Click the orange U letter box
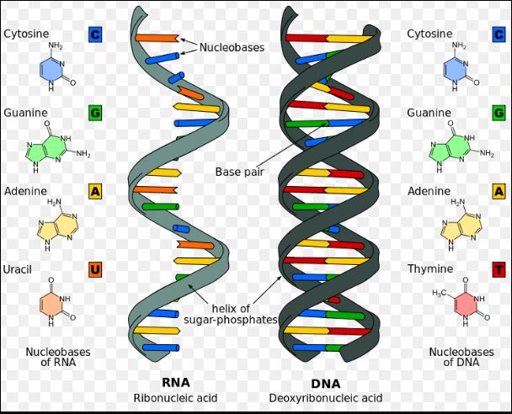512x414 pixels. point(95,269)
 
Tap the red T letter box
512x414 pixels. point(499,269)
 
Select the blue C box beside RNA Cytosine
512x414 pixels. point(95,34)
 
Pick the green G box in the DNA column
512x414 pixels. point(499,113)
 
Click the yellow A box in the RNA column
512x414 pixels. point(95,191)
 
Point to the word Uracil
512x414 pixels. point(18,269)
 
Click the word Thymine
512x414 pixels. point(430,268)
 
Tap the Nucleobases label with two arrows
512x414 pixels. point(232,47)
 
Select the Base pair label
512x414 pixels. point(239,172)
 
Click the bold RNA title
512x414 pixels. point(176,382)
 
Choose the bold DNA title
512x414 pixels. point(326,384)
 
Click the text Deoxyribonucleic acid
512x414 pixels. point(326,398)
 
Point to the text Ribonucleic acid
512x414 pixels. point(175,398)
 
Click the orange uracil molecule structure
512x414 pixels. point(56,302)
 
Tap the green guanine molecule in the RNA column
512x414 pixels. point(57,146)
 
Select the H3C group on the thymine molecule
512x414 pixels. point(439,294)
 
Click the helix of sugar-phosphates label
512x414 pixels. point(231,314)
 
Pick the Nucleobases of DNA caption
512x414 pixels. point(461,357)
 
